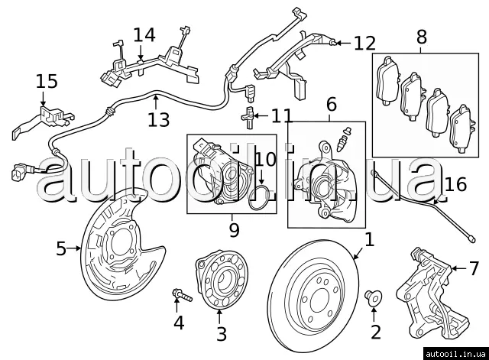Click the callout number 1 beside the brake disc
[370, 240]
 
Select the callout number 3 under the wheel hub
[221, 334]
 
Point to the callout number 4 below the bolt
[178, 323]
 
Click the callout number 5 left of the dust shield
[61, 248]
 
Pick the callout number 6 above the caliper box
[331, 103]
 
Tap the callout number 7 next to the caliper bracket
[474, 268]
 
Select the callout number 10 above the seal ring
[265, 159]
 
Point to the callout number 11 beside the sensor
[281, 116]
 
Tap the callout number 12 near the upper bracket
[364, 43]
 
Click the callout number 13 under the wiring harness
[158, 119]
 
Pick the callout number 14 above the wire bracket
[144, 34]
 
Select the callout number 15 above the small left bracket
[46, 82]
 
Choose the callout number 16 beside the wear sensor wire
[455, 184]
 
